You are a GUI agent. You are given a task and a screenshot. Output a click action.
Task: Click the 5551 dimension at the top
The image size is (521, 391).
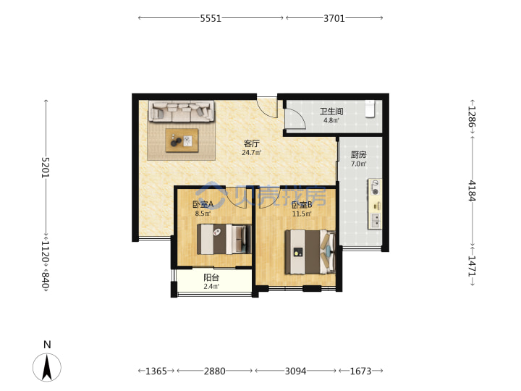click(211, 18)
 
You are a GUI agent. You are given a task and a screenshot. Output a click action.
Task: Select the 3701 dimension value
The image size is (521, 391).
click(334, 18)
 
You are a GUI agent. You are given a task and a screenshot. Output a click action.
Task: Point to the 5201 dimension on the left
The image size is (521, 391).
click(46, 167)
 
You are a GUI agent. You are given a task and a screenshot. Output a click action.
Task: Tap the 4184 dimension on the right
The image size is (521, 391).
click(472, 191)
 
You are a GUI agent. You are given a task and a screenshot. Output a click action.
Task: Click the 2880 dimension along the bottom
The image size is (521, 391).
click(215, 371)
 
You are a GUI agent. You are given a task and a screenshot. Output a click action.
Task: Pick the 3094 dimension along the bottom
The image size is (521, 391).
click(295, 371)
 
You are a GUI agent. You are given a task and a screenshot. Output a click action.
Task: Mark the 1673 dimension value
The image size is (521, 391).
click(360, 371)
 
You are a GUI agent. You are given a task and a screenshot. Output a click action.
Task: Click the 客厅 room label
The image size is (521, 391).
click(252, 143)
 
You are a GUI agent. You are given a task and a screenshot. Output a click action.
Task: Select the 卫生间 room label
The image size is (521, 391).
click(331, 112)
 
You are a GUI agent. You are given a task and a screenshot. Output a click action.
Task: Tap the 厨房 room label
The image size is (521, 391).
click(359, 155)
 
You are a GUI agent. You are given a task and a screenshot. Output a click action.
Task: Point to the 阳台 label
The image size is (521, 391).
click(211, 277)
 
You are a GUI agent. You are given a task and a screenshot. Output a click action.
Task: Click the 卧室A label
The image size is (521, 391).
click(203, 204)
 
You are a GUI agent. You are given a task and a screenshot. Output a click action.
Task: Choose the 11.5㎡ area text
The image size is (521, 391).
click(302, 214)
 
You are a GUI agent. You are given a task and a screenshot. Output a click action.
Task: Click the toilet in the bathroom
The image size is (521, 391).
click(370, 109)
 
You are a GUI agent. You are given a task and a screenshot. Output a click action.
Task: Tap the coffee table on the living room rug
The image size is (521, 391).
click(182, 140)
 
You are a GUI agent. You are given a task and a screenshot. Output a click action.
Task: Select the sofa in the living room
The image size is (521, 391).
click(182, 111)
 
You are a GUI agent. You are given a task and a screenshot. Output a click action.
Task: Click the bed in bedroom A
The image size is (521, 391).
click(224, 240)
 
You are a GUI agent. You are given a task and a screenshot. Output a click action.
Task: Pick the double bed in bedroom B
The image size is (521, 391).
click(310, 252)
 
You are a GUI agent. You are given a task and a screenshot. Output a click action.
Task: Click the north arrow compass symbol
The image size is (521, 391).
click(47, 366)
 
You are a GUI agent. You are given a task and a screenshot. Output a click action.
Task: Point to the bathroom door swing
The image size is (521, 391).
click(296, 118)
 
